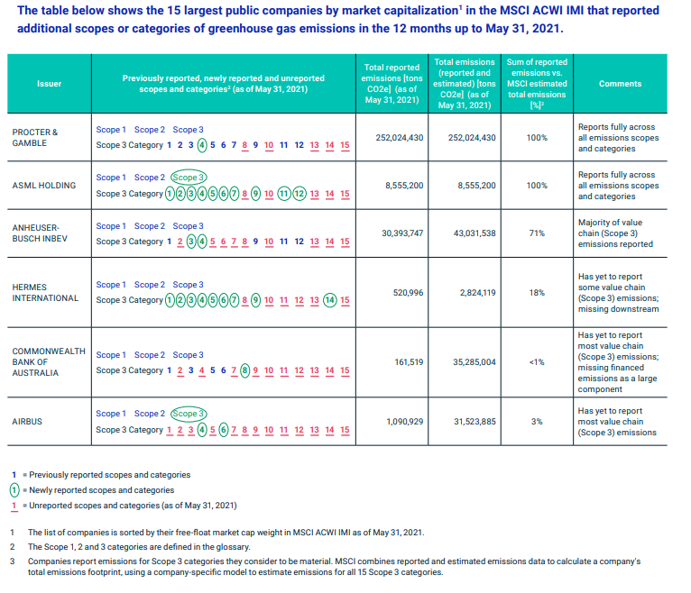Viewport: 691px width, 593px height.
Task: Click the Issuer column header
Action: pos(49,84)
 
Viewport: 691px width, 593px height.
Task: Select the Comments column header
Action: pos(620,84)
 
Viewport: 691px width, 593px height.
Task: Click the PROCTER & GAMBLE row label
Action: pos(35,137)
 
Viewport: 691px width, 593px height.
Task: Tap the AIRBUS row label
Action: pos(27,421)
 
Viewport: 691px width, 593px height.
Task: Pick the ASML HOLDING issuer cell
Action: pos(43,186)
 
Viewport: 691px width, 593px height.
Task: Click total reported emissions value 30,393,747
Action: pos(402,233)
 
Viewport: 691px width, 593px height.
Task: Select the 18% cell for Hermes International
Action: pos(537,293)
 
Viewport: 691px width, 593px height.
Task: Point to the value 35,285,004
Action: pos(474,362)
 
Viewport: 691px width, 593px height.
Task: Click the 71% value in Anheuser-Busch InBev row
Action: pos(537,233)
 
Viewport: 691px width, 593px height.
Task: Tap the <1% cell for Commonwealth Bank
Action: pos(537,362)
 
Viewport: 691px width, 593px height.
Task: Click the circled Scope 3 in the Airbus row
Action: pos(189,414)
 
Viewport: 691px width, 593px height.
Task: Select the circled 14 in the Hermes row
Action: pos(329,300)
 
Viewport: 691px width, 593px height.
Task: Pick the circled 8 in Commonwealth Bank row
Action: pos(245,370)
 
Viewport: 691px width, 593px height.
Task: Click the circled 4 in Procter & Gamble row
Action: pos(202,145)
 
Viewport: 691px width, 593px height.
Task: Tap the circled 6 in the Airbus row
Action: pos(224,430)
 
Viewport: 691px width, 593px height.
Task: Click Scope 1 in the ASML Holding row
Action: pos(111,178)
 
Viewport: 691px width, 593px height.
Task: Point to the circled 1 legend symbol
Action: pos(14,490)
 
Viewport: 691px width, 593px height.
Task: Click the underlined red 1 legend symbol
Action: pos(14,506)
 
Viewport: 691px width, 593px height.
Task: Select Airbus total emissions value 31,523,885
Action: pos(474,421)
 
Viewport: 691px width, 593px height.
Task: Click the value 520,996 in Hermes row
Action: pos(408,293)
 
